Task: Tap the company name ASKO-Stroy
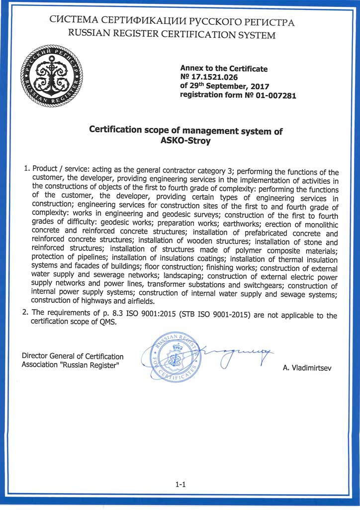coord(185,141)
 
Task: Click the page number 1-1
coord(180,483)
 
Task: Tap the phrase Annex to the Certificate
coord(223,68)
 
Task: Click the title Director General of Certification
coord(73,356)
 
